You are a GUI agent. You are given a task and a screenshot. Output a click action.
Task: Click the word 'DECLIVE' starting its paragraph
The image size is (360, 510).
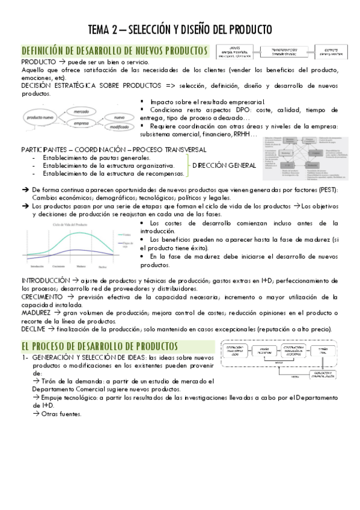coord(35,330)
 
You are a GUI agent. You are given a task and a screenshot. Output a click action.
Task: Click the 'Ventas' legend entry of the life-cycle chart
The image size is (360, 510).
coord(126,235)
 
